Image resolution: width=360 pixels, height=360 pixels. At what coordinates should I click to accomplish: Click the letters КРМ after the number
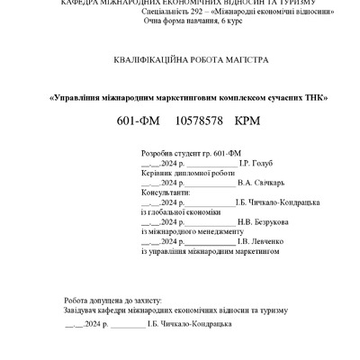tap(247, 120)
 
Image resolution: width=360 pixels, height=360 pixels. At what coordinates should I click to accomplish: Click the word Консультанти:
tap(166, 193)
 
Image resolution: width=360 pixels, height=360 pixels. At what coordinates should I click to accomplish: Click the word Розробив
tap(159, 154)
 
